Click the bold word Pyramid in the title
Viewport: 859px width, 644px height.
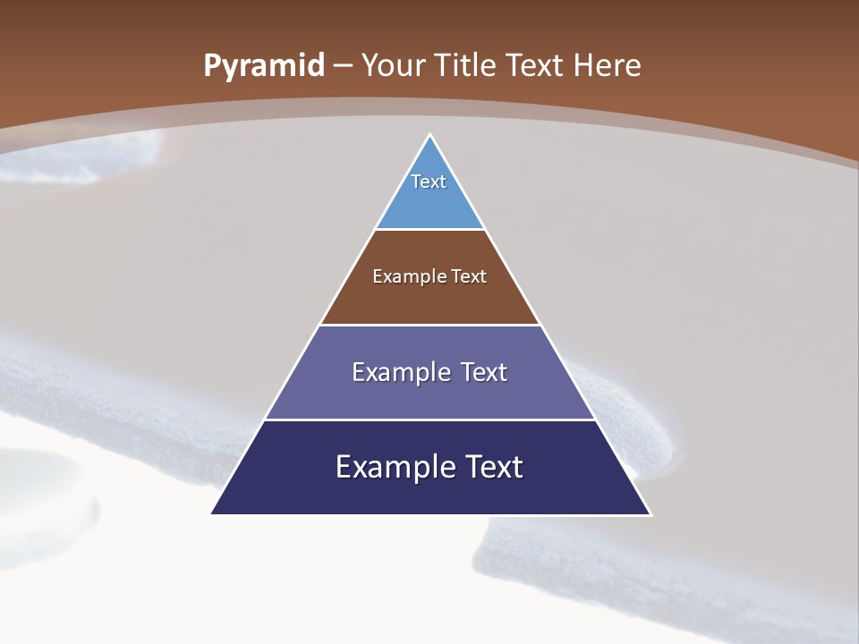[263, 66]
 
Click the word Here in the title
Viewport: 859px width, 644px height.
[608, 66]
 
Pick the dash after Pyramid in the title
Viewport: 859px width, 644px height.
[343, 66]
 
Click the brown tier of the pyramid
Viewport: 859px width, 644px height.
[430, 300]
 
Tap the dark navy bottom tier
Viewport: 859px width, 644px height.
[430, 492]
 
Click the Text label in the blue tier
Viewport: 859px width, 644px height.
[429, 182]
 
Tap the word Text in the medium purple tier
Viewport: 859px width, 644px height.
[484, 372]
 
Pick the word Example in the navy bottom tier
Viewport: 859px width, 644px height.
[390, 467]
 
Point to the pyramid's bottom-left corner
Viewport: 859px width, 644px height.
[212, 513]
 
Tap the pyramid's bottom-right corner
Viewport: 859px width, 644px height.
[650, 513]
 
